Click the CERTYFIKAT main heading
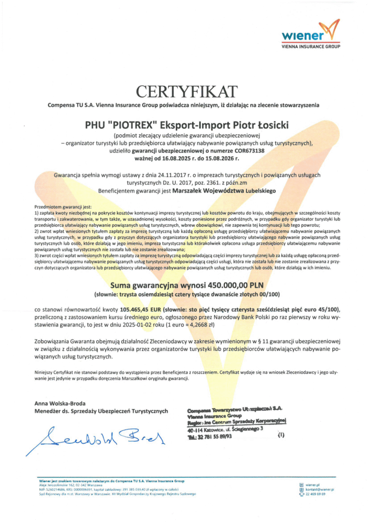pyautogui.click(x=187, y=92)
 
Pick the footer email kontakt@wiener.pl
pyautogui.click(x=320, y=489)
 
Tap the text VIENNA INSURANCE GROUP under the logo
pyautogui.click(x=311, y=46)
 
